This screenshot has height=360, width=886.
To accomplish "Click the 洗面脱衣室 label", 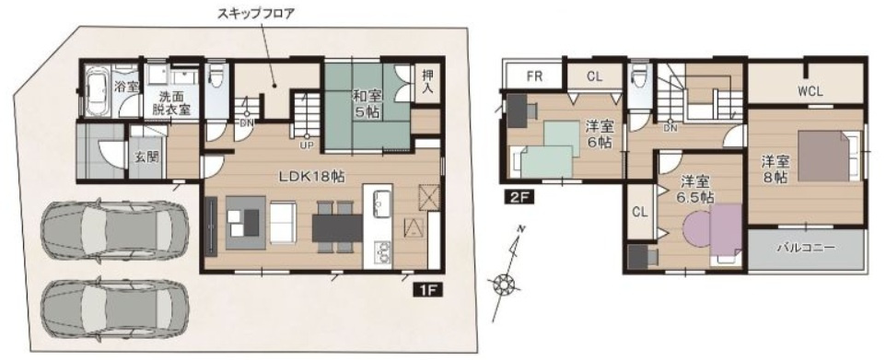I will (x=170, y=102).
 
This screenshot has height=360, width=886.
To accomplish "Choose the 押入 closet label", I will (x=427, y=84).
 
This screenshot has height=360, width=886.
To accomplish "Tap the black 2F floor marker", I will (x=513, y=195).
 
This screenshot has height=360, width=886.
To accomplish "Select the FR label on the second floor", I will (x=534, y=76).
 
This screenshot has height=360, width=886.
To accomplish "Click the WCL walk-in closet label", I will (x=810, y=90).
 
